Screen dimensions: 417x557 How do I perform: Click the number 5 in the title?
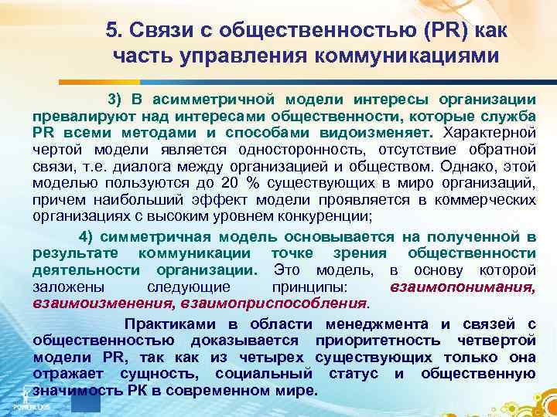[111, 30]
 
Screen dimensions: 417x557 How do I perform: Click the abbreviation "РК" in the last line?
[131, 390]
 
